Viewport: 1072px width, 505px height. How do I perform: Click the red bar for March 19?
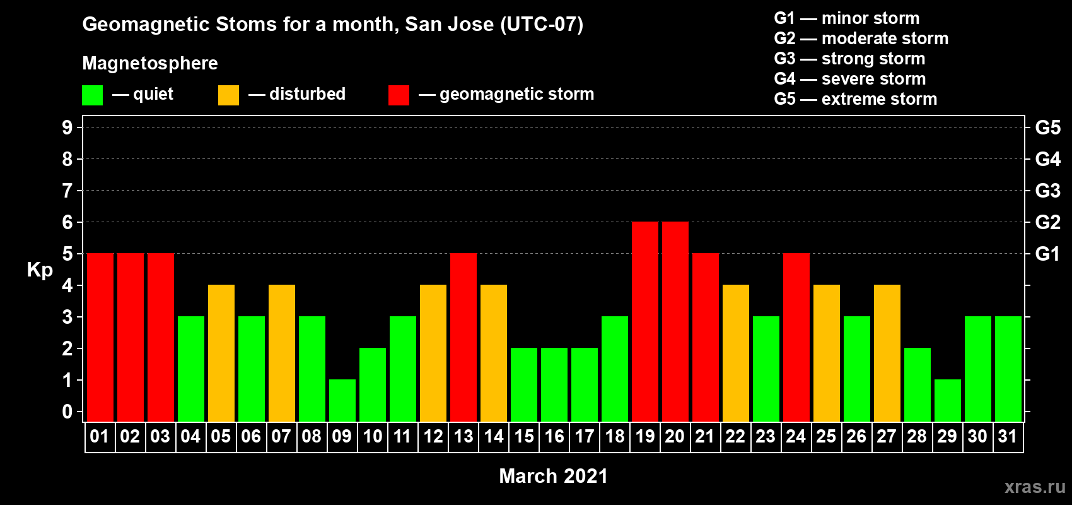coord(644,321)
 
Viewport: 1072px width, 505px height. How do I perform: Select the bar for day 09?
coord(342,401)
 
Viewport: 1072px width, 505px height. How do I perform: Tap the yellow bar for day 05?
coord(221,353)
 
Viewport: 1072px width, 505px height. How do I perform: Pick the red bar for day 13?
coord(463,337)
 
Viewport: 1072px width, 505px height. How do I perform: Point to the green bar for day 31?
coord(1008,369)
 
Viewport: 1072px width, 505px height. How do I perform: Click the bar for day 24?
coord(796,337)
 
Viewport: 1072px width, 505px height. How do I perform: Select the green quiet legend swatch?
coord(92,95)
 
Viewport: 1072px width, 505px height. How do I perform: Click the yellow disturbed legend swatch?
coord(228,95)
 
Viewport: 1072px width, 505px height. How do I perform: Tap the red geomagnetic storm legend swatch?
coord(399,95)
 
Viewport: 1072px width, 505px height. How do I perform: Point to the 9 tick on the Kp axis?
coord(67,128)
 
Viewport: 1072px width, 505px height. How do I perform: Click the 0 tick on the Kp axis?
coord(67,412)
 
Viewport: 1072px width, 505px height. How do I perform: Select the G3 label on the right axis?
coord(1047,191)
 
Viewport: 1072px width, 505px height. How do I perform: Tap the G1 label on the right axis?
coord(1047,254)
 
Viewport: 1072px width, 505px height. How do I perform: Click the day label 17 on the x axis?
coord(585,436)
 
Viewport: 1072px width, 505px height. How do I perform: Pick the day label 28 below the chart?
coord(917,436)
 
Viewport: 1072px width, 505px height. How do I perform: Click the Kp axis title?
coord(40,270)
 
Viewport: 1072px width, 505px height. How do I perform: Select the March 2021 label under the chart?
coord(553,476)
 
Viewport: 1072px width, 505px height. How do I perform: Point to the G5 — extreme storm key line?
coord(855,99)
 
